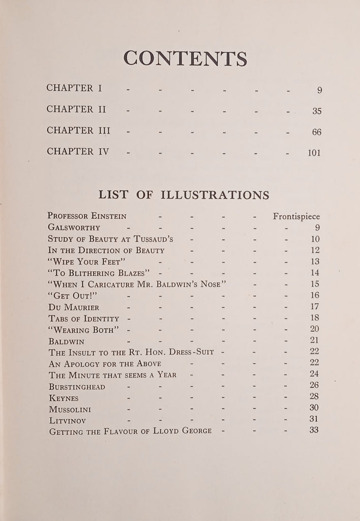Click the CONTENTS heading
pyautogui.click(x=185, y=59)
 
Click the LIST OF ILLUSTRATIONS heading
pyautogui.click(x=184, y=195)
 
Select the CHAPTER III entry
pyautogui.click(x=78, y=131)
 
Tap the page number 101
pyautogui.click(x=314, y=153)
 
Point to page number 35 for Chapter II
pyautogui.click(x=316, y=111)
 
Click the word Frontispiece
pyautogui.click(x=296, y=216)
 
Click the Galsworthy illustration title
pyautogui.click(x=74, y=227)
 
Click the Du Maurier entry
pyautogui.click(x=74, y=307)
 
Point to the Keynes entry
pyautogui.click(x=64, y=398)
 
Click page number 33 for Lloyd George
pyautogui.click(x=314, y=430)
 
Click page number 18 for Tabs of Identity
pyautogui.click(x=314, y=318)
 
